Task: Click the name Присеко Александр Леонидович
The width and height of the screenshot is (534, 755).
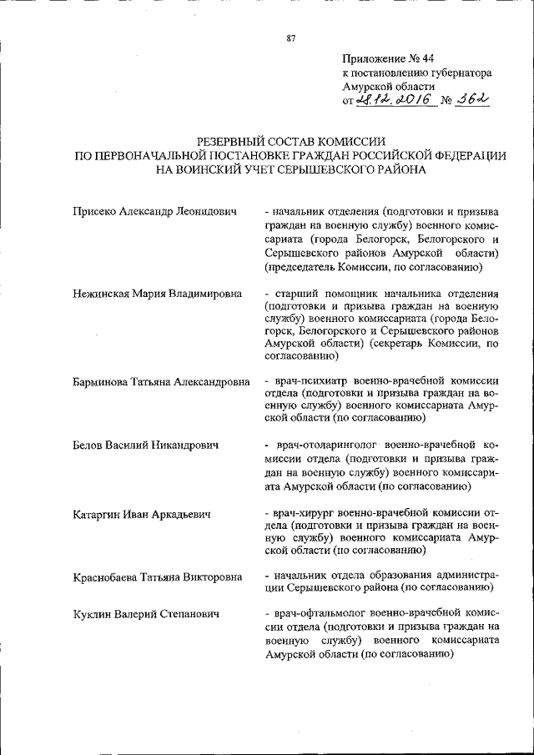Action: tap(155, 213)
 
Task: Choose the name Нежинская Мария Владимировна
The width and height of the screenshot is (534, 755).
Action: tap(158, 294)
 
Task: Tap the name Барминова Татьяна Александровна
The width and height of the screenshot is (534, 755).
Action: tap(161, 381)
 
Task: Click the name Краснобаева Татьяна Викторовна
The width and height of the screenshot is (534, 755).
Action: tap(158, 577)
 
